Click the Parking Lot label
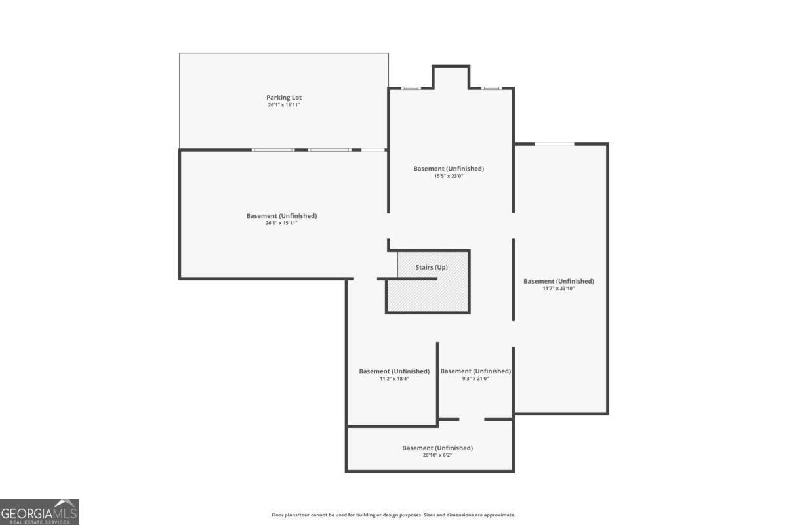click(284, 97)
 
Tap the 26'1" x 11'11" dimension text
click(284, 105)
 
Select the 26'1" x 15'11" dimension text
click(281, 223)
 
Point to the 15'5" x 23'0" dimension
click(449, 176)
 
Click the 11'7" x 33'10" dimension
click(559, 288)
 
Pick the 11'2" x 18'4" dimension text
click(394, 379)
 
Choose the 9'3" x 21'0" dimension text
click(475, 379)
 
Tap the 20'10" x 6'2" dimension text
click(437, 455)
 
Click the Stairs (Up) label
click(432, 267)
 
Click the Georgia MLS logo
click(39, 512)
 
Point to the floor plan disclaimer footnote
click(393, 514)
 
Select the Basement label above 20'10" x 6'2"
click(437, 448)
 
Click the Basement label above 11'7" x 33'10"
click(559, 281)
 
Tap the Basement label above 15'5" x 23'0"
click(449, 169)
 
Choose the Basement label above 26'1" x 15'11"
click(281, 215)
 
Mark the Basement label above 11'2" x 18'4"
click(394, 371)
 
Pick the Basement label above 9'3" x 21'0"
click(475, 371)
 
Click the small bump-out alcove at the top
click(451, 77)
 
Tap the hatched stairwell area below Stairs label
click(428, 295)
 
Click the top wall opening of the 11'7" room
click(554, 144)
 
